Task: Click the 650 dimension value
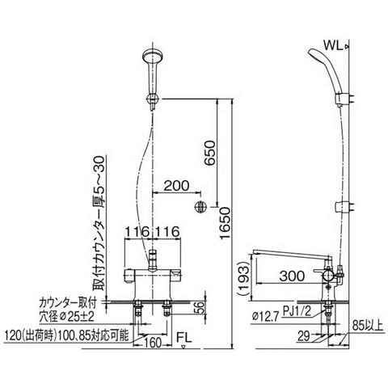210,153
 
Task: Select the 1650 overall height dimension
225,223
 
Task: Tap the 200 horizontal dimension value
177,185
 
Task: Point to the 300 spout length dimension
292,276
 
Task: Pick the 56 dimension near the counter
199,308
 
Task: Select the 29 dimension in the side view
304,336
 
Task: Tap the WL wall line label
333,45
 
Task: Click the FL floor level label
184,337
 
